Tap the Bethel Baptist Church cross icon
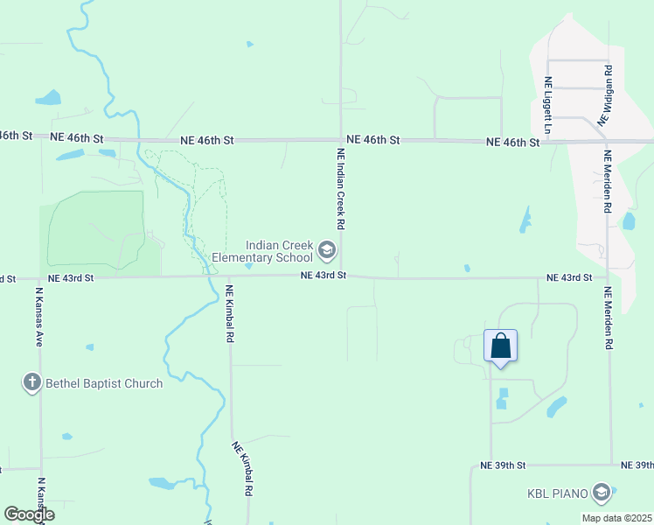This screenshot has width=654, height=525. [31, 382]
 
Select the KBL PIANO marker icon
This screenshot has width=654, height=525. [601, 493]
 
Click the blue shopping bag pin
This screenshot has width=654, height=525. [501, 346]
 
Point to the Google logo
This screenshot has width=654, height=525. [28, 515]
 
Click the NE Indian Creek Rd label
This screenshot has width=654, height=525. [341, 188]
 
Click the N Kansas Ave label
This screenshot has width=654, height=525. [39, 316]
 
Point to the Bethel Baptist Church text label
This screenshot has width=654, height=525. [105, 383]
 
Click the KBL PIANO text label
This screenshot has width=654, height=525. [554, 493]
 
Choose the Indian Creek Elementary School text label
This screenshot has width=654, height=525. [278, 251]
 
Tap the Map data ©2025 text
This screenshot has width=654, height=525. [616, 518]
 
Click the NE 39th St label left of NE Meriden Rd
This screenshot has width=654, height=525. [503, 465]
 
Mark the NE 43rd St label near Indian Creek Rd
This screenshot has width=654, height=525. [324, 275]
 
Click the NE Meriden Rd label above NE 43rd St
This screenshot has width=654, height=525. [607, 182]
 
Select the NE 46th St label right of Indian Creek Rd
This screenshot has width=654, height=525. [373, 140]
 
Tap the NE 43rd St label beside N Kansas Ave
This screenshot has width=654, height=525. [71, 277]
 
